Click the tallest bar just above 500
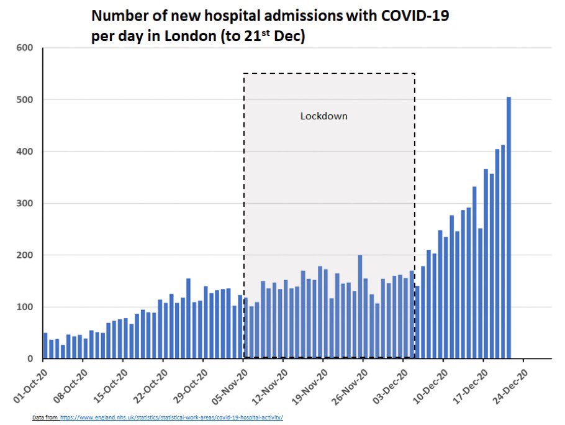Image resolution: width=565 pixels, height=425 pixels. pos(508,227)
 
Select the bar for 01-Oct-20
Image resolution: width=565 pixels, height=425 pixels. pos(45,345)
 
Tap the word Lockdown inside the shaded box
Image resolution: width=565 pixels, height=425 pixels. pos(324,116)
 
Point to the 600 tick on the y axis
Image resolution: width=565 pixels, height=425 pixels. pos(24,48)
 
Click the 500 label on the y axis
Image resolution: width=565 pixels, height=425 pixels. pos(24,99)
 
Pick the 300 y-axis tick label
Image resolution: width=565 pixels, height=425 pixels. pos(24,203)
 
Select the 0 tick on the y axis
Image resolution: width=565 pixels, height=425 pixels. pos(30,359)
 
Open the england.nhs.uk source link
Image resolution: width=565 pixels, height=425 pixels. pos(171,418)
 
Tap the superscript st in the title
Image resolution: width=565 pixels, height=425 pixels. pos(266,32)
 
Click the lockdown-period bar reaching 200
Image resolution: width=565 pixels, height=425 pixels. pos(360,306)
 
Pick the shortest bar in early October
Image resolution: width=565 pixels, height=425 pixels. pos(63,352)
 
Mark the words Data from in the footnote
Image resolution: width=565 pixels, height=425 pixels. pos(45,418)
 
